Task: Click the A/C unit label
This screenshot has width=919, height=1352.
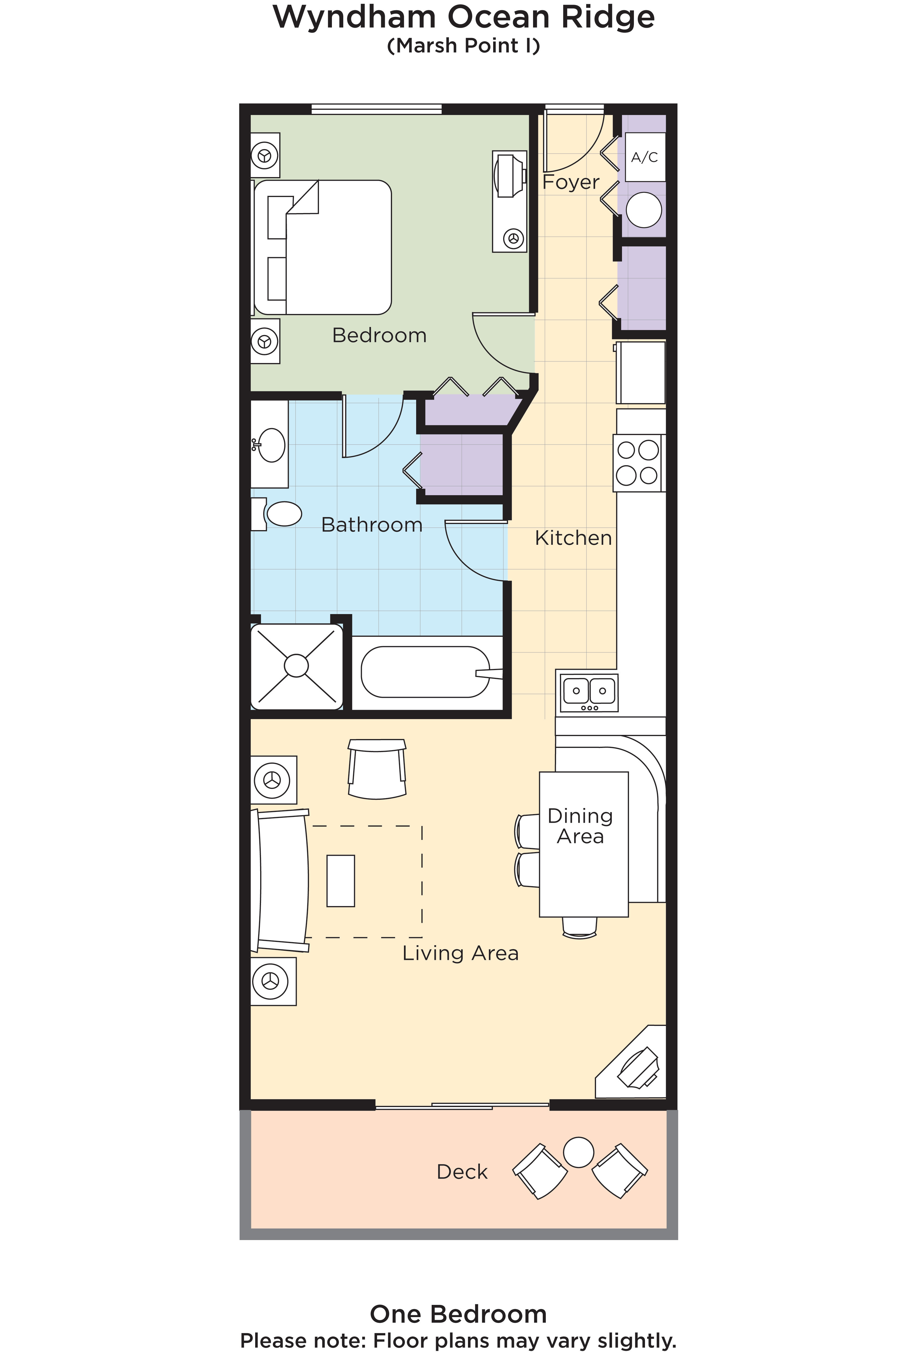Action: click(644, 157)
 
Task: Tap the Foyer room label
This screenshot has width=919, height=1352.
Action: click(570, 182)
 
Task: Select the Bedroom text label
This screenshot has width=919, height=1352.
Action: click(379, 336)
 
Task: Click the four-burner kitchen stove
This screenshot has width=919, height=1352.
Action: click(638, 463)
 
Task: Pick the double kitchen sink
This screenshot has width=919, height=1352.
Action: click(589, 692)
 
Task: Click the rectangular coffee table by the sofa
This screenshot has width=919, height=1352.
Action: click(340, 881)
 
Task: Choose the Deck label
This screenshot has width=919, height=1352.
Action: click(462, 1172)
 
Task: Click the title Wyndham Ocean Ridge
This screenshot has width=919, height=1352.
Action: click(464, 17)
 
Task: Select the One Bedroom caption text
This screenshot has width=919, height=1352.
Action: click(458, 1313)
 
